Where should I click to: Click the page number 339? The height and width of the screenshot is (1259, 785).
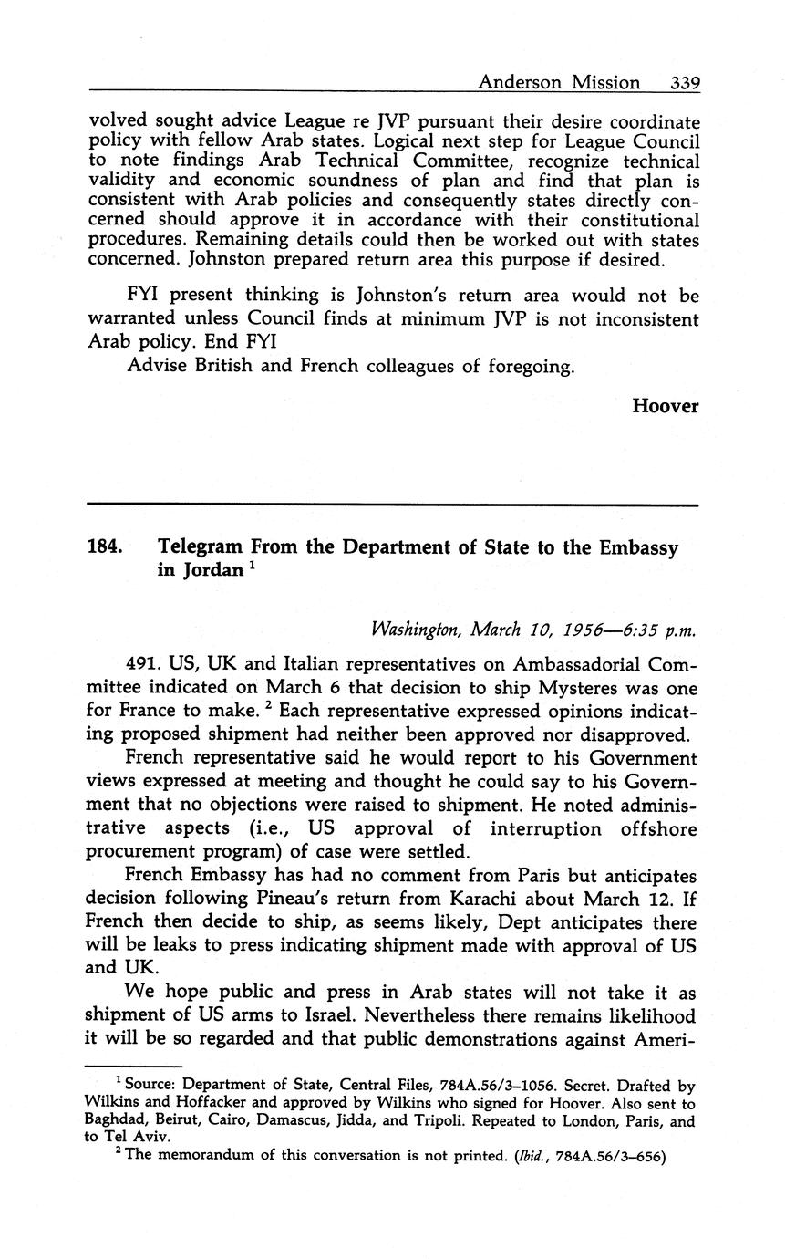[684, 83]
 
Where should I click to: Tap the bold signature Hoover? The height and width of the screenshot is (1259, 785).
[665, 406]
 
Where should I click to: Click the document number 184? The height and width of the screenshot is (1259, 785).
[105, 548]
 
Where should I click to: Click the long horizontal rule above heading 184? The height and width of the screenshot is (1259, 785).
[392, 505]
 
